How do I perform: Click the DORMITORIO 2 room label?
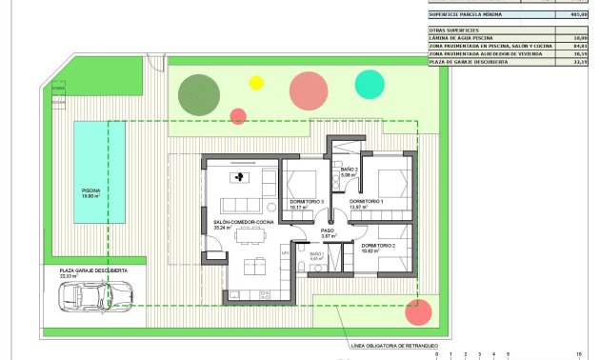point(378,247)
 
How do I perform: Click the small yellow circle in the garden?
point(256,83)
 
